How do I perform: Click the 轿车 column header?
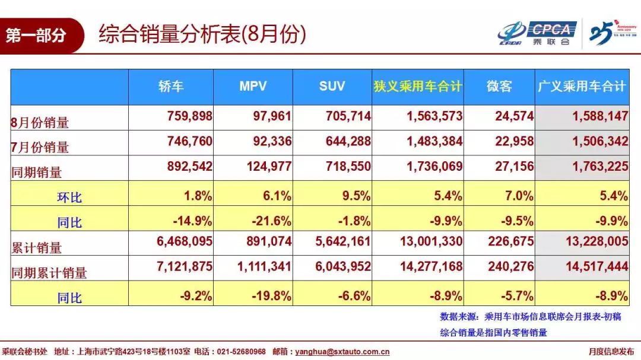coord(171,87)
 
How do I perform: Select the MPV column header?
coord(253,87)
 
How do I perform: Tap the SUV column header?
coord(332,87)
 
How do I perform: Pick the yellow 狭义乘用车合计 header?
coord(417,87)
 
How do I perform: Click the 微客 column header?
coord(499,87)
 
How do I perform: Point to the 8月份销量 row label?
coord(40,123)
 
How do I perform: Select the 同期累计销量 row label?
coord(49,273)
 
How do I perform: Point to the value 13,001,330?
coord(427,241)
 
